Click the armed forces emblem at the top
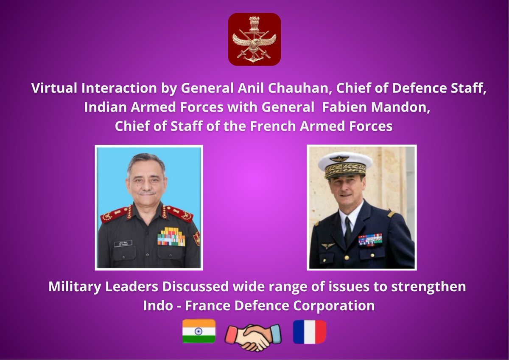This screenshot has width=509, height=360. pyautogui.click(x=254, y=39)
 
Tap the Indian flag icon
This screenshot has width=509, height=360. pyautogui.click(x=199, y=331)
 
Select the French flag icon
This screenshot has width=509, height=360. pyautogui.click(x=309, y=332)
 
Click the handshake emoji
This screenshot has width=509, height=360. pyautogui.click(x=253, y=335)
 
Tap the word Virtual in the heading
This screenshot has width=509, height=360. pyautogui.click(x=51, y=89)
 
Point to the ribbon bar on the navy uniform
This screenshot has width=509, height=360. pyautogui.click(x=370, y=239)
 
